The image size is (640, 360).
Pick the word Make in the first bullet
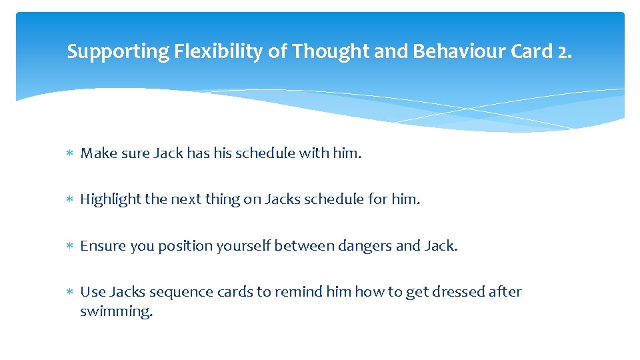[x=96, y=153]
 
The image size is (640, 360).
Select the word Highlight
[x=107, y=199]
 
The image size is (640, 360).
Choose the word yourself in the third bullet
[x=245, y=246]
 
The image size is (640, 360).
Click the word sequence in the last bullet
[x=176, y=292]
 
